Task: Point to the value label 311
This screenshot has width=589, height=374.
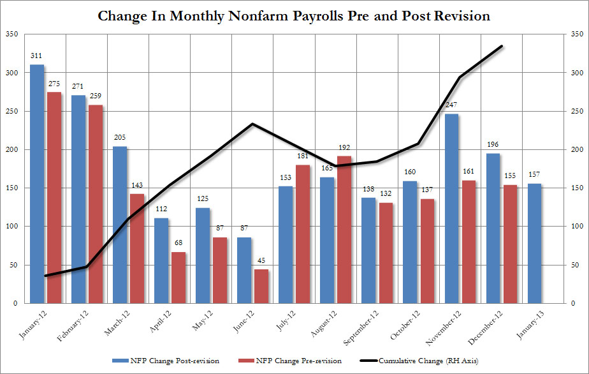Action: (x=37, y=57)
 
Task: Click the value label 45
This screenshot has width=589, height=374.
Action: (x=261, y=261)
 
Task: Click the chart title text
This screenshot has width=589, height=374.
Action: (x=294, y=15)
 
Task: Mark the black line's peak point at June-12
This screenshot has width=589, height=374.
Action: (x=253, y=124)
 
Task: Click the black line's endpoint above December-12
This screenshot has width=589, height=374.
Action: (x=502, y=46)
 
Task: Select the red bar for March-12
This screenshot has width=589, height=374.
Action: (x=137, y=248)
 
